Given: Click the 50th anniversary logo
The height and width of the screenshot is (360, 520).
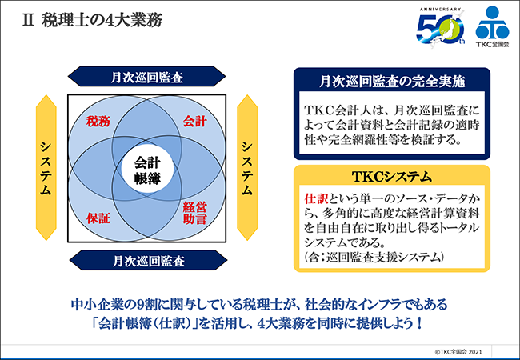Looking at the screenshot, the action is pyautogui.click(x=441, y=27).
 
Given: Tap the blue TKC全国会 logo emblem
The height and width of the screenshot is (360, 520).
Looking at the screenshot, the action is pyautogui.click(x=492, y=26).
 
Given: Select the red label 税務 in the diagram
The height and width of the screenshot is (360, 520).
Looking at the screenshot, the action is pyautogui.click(x=98, y=122).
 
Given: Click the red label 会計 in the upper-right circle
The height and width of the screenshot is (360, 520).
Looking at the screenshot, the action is pyautogui.click(x=195, y=122).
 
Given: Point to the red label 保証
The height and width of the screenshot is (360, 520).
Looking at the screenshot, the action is pyautogui.click(x=98, y=218).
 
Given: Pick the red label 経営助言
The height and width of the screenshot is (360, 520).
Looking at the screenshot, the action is pyautogui.click(x=195, y=213).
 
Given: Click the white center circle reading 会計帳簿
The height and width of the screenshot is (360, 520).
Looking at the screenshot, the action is pyautogui.click(x=147, y=170).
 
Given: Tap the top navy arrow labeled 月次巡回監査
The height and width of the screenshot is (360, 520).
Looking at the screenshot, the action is pyautogui.click(x=147, y=77).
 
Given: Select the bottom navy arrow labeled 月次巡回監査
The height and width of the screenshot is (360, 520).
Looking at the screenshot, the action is pyautogui.click(x=148, y=261).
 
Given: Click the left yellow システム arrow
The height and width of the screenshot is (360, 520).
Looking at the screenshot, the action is pyautogui.click(x=46, y=168).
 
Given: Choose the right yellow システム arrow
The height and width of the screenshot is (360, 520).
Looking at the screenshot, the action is pyautogui.click(x=247, y=168).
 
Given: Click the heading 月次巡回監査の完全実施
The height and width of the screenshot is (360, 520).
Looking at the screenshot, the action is pyautogui.click(x=392, y=82).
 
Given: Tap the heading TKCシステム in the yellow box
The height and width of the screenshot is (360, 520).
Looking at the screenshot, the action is pyautogui.click(x=392, y=177).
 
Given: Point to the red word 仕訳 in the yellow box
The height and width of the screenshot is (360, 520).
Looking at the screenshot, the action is pyautogui.click(x=316, y=199).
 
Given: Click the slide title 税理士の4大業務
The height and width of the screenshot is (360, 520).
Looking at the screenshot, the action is pyautogui.click(x=102, y=21).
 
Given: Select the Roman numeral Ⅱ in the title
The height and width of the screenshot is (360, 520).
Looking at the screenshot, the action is pyautogui.click(x=28, y=21).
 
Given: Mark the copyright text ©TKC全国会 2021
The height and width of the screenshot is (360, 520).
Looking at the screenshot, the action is pyautogui.click(x=458, y=352).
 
